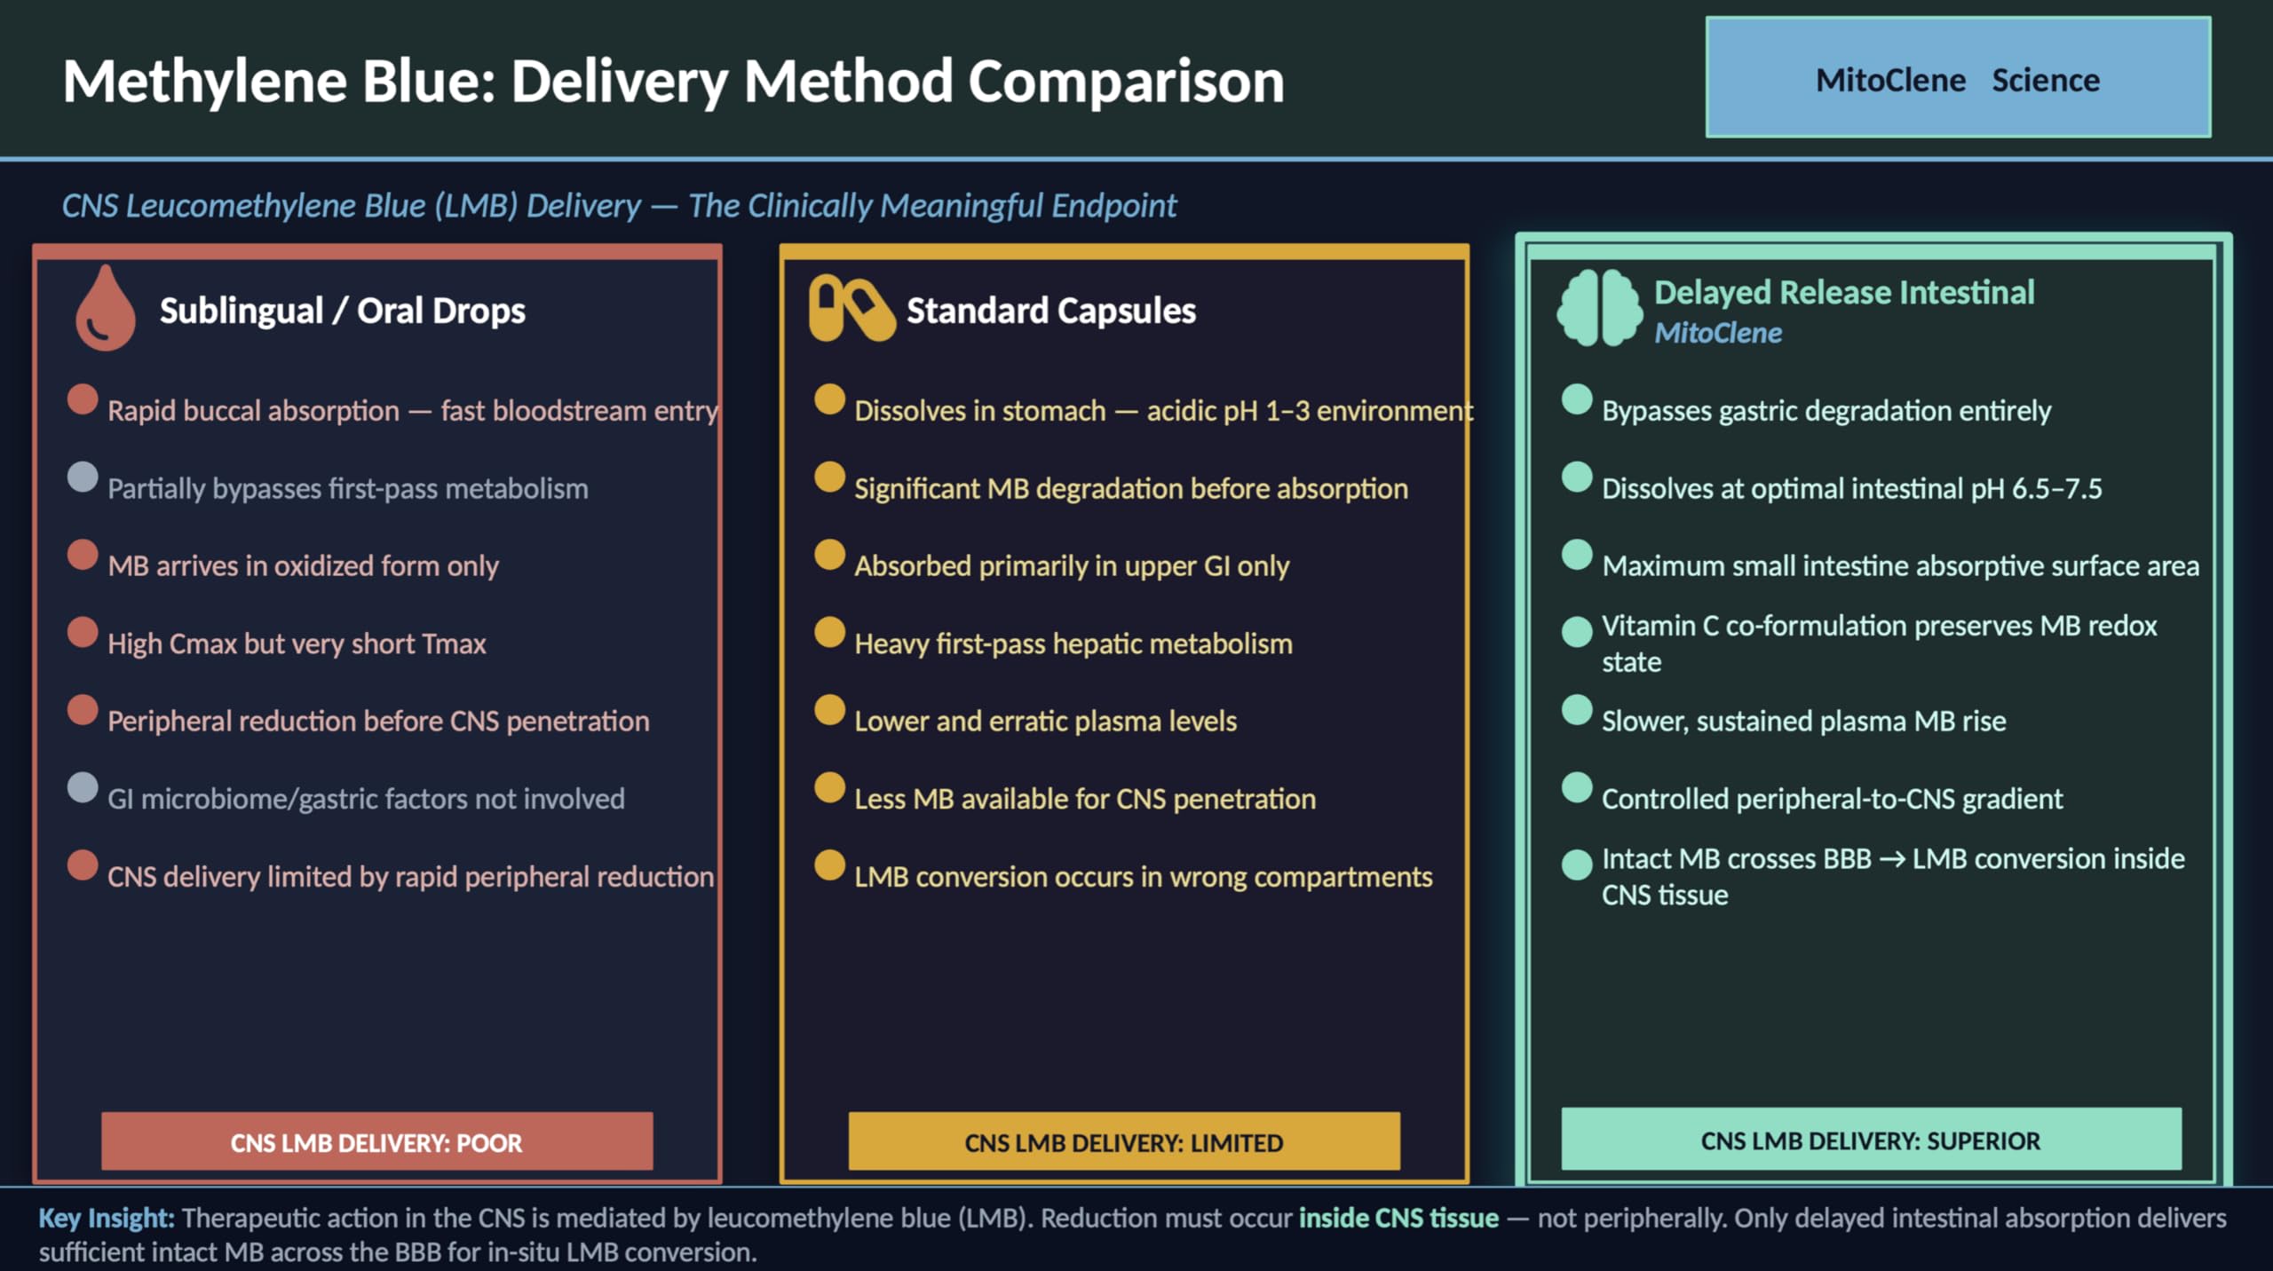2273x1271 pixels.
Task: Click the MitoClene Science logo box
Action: point(1958,77)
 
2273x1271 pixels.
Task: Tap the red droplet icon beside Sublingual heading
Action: point(106,308)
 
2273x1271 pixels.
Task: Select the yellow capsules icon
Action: point(851,308)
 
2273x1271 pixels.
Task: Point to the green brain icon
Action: point(1600,308)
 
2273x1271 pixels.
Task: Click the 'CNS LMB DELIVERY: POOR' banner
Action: point(376,1141)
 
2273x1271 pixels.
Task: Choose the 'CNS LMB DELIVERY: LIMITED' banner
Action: point(1124,1141)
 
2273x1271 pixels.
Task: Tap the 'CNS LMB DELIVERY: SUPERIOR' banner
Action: point(1871,1139)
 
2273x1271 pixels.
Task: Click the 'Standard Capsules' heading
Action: point(1051,311)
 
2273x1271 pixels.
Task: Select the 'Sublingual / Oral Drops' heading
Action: point(343,311)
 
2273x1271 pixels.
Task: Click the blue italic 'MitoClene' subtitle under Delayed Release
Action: point(1718,333)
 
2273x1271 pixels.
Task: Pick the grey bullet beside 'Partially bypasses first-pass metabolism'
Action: point(83,477)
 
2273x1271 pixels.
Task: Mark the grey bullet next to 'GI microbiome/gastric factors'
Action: point(83,787)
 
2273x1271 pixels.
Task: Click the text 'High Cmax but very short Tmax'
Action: point(297,643)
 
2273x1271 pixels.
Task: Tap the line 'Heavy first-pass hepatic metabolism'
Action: point(1073,643)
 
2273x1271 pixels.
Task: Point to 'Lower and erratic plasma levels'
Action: point(1045,721)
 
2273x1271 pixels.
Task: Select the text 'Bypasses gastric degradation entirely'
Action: point(1826,411)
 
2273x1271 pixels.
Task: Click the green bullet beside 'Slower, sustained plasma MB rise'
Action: point(1577,710)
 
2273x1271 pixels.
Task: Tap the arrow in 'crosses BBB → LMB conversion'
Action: point(1892,859)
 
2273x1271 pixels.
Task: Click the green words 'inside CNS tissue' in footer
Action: point(1398,1218)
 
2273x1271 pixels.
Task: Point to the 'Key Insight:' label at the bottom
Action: point(107,1219)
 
